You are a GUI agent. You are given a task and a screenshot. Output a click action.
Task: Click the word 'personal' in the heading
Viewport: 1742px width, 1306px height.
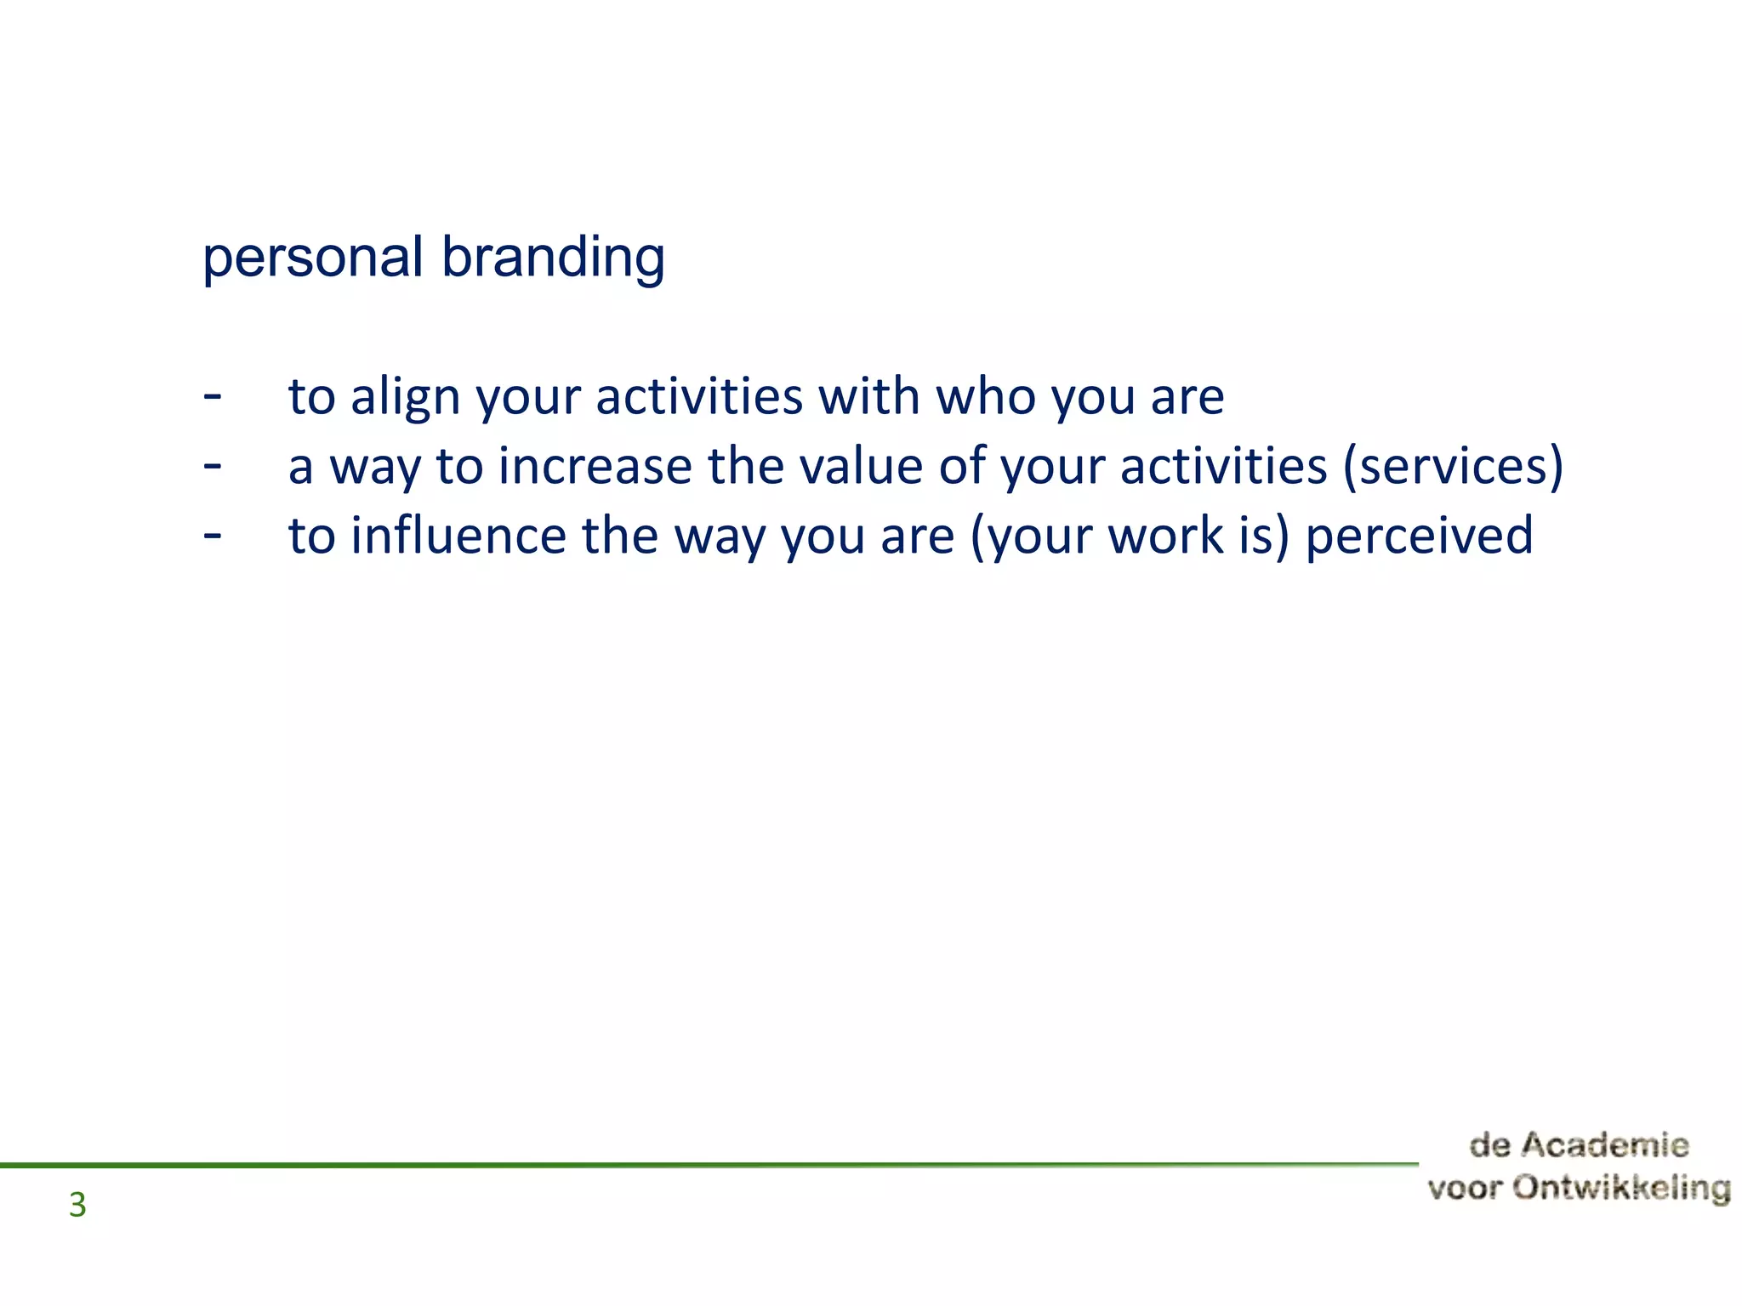tap(312, 258)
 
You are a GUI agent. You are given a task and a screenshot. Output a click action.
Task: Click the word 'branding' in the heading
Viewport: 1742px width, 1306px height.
tap(553, 258)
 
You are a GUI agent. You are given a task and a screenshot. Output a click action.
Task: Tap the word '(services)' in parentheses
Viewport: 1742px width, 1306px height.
tap(1453, 467)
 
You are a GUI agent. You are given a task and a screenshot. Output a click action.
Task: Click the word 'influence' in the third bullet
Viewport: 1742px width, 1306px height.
tap(458, 537)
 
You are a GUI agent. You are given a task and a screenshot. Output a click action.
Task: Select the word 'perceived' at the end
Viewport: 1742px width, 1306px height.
tap(1419, 537)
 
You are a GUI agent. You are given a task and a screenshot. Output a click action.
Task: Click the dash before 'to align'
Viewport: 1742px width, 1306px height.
tap(213, 396)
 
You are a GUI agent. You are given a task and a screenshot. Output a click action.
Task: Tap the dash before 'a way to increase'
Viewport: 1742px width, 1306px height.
tap(213, 466)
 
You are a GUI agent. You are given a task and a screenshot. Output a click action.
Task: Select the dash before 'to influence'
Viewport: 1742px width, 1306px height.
tap(213, 536)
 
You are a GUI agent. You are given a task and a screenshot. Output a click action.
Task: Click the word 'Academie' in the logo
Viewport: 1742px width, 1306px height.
tap(1604, 1145)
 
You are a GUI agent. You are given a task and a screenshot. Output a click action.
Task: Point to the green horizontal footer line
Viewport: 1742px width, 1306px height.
tap(680, 1165)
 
